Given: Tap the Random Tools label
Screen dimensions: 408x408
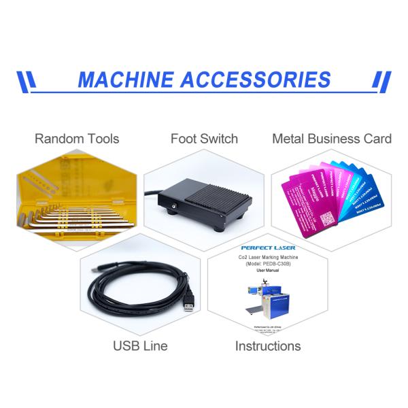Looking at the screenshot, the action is [x=77, y=139].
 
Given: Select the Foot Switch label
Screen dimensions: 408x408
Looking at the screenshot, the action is [x=204, y=139].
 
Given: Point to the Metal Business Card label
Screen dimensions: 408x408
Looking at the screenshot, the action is [x=332, y=139].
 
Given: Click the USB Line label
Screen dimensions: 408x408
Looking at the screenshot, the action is [x=140, y=345].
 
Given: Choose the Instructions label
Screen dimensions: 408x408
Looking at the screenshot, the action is [x=268, y=345].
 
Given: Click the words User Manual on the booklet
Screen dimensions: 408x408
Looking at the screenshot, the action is [x=268, y=270].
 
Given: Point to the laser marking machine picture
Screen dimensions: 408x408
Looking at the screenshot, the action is [x=269, y=299].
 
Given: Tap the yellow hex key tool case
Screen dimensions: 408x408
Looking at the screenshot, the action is [x=75, y=201].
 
